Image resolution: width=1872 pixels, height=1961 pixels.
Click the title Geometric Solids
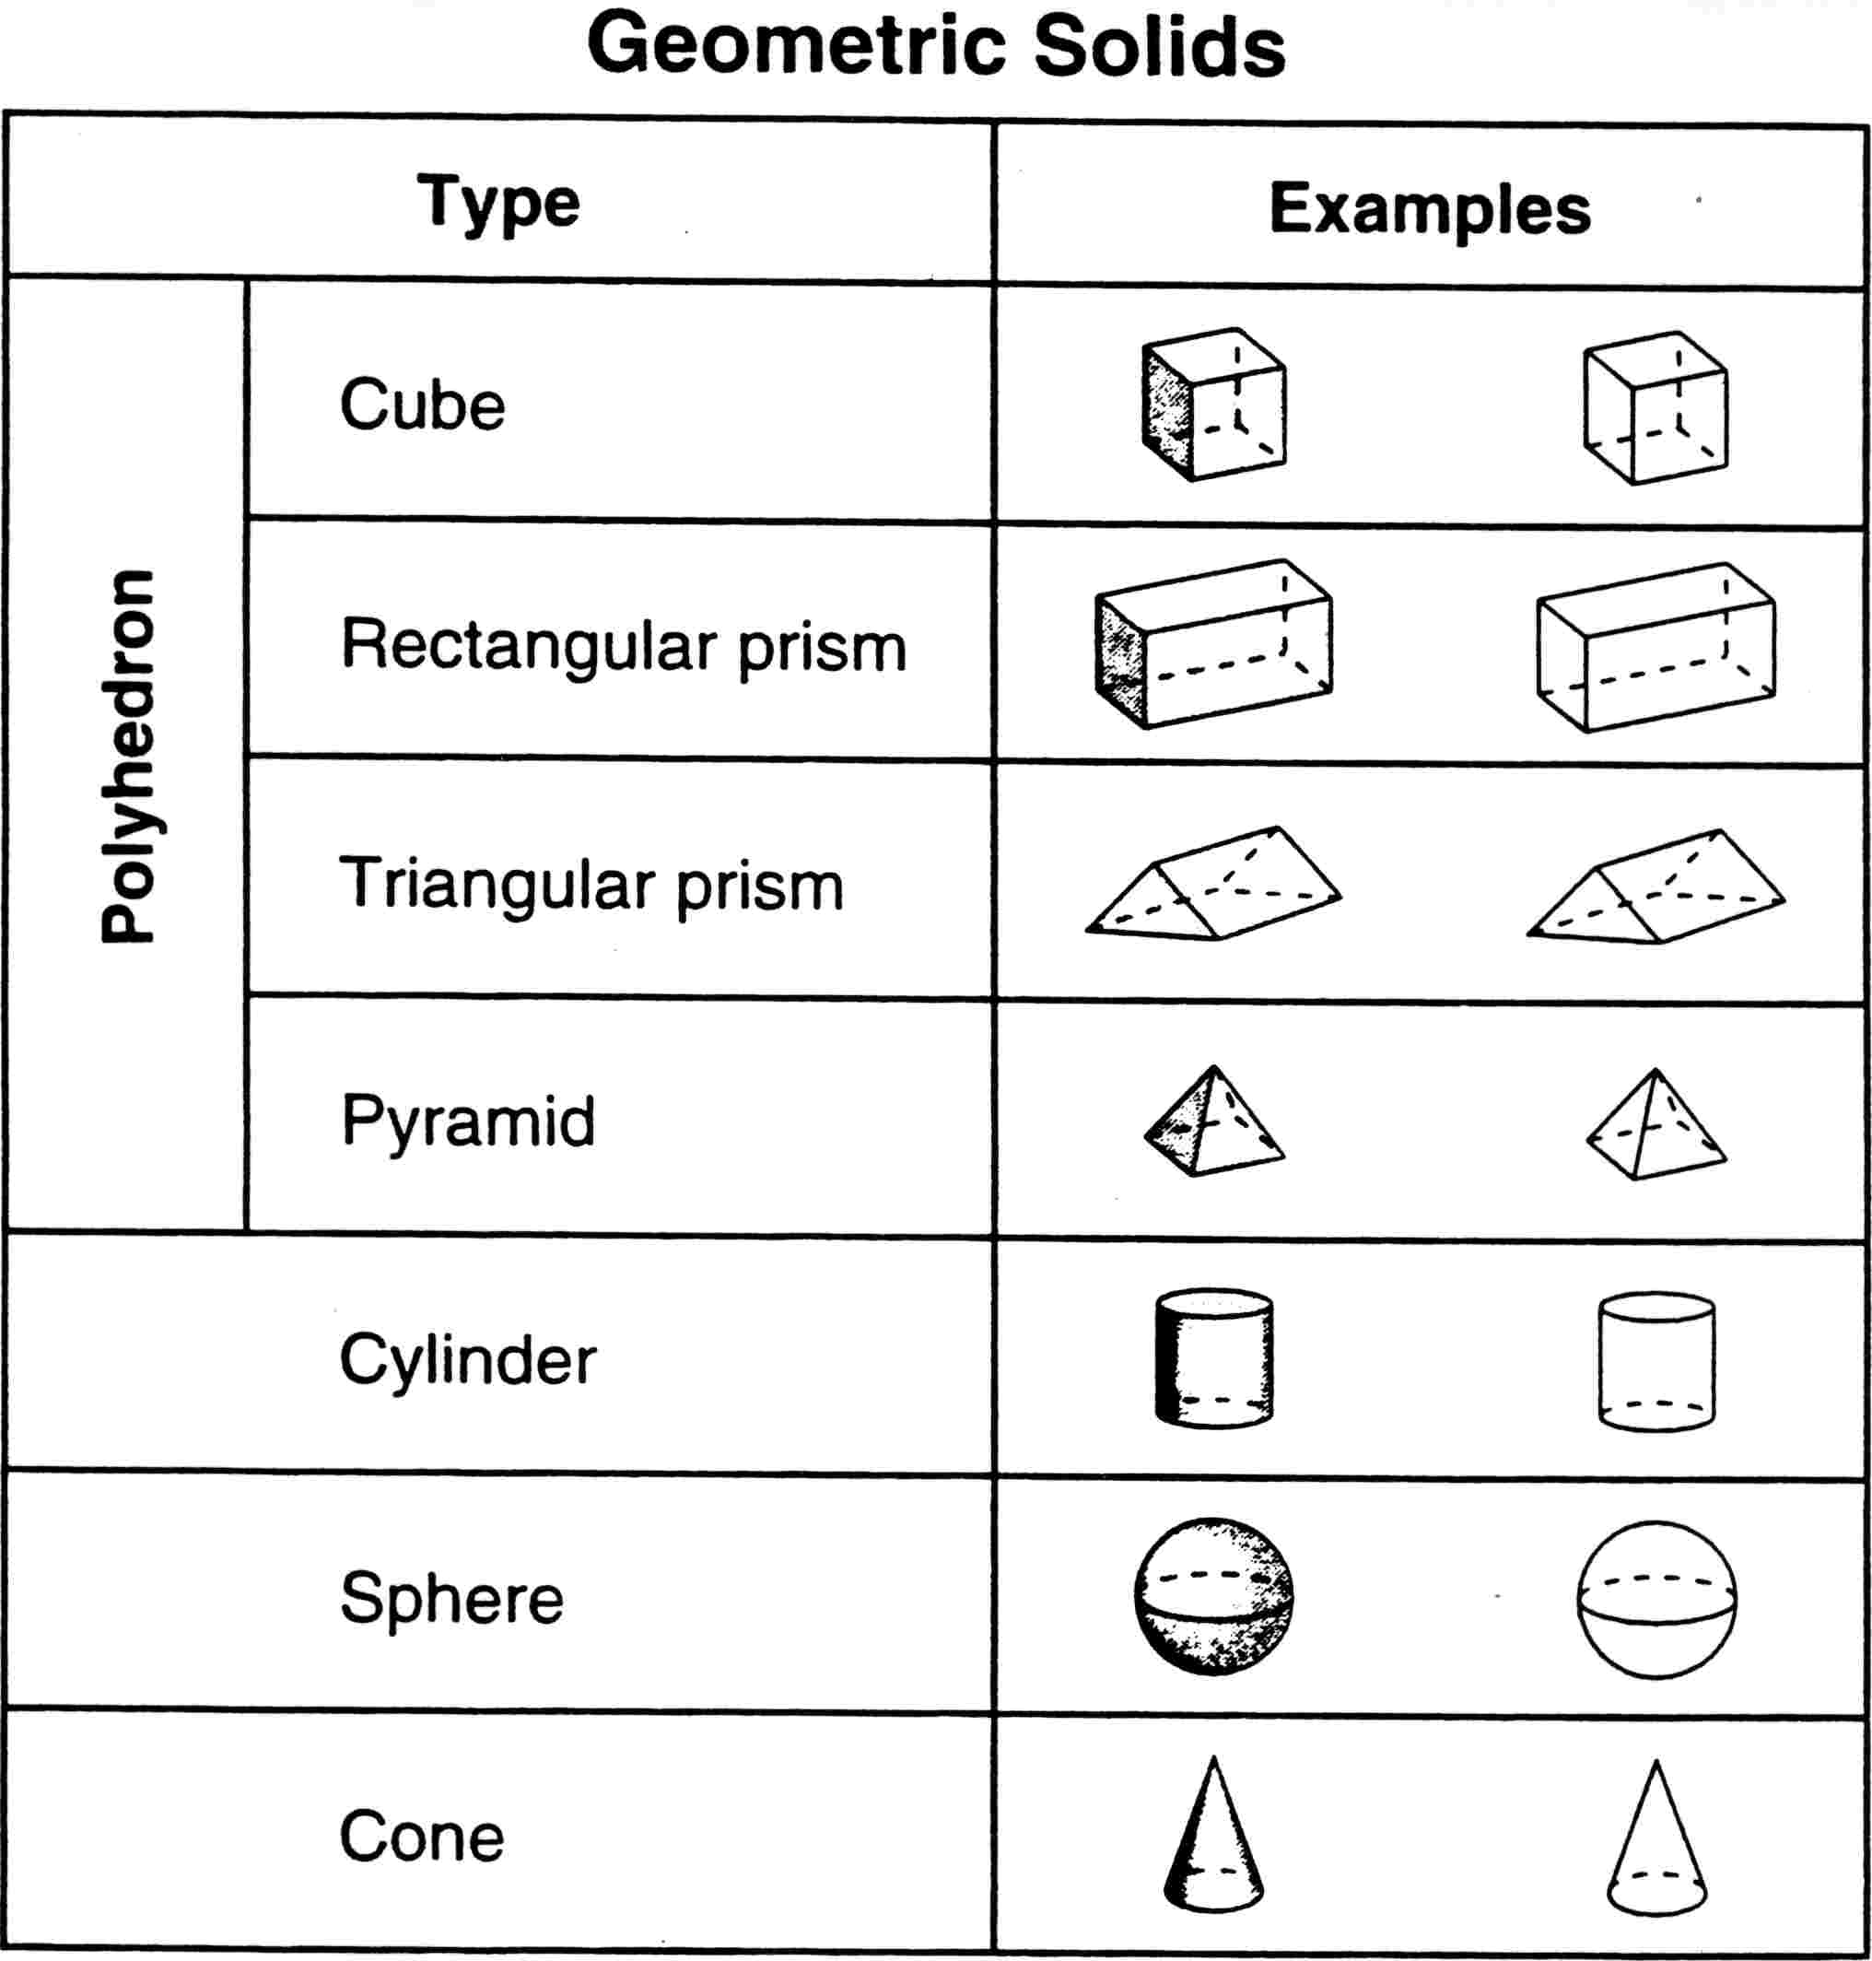click(x=936, y=46)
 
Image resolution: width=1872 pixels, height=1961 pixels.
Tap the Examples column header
click(x=1430, y=209)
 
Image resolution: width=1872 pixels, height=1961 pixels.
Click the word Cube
click(x=422, y=405)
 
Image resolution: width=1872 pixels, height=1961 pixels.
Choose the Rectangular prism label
click(x=624, y=646)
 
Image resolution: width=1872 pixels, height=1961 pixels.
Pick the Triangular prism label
click(x=591, y=886)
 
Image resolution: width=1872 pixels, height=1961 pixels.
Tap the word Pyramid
click(x=468, y=1121)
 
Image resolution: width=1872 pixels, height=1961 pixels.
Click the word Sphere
click(x=452, y=1599)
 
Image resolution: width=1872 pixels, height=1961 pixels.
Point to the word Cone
click(x=422, y=1837)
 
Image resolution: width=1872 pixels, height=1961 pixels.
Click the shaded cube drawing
click(x=1213, y=405)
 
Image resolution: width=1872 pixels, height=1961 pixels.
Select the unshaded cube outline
click(x=1656, y=407)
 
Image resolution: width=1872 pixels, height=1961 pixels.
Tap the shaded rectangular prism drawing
click(x=1213, y=644)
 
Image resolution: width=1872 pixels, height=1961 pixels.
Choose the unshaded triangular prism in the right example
click(x=1656, y=887)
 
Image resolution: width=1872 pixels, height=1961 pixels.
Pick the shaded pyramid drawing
click(x=1213, y=1121)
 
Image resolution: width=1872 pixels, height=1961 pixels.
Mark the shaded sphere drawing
click(x=1213, y=1597)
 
